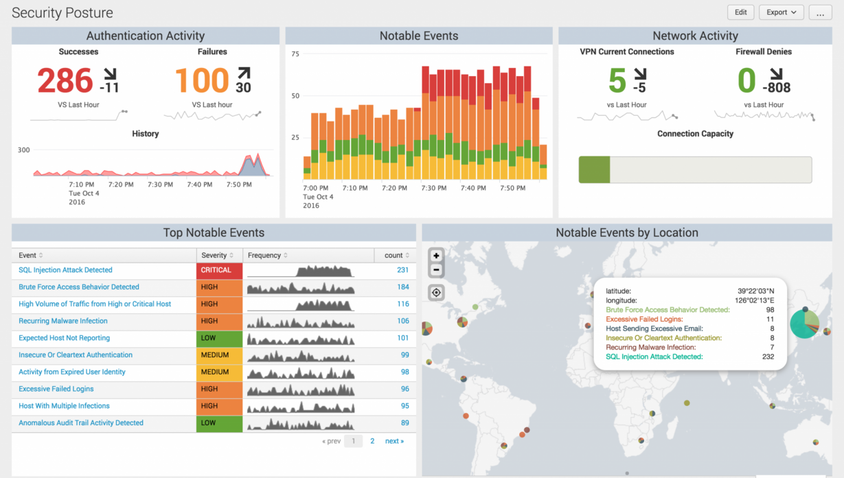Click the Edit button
(740, 12)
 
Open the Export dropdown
(781, 12)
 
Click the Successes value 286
(65, 81)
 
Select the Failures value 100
(201, 81)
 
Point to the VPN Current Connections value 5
(617, 81)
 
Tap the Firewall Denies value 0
(746, 81)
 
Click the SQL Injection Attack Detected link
(65, 270)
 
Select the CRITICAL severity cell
(219, 270)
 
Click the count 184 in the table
(402, 287)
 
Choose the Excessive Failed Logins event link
(56, 389)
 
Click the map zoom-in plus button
(436, 256)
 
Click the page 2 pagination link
(372, 441)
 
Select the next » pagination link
(394, 441)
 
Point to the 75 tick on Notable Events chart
(295, 54)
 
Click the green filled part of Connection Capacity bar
(594, 169)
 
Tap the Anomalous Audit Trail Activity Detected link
(81, 423)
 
